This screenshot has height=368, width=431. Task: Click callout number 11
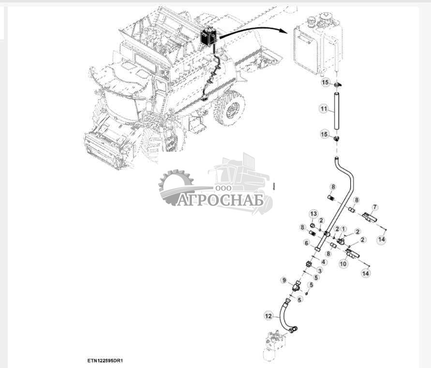pos(324,109)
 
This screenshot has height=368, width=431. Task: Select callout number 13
pos(313,214)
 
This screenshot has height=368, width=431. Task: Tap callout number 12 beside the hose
pos(268,316)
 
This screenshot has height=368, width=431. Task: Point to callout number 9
pos(284,280)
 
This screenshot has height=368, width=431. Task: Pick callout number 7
pos(375,207)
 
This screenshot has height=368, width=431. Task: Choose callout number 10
pos(343,264)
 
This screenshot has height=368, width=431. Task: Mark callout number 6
pos(307,243)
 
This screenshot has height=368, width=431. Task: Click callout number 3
pos(319,270)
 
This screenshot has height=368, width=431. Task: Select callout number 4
pos(323,262)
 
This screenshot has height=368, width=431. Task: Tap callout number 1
pos(343,229)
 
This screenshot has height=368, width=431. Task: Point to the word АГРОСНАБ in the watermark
pos(220,200)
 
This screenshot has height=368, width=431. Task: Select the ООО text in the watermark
pos(223,188)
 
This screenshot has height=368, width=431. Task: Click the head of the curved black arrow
pos(283,31)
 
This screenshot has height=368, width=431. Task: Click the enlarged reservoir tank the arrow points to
pos(318,44)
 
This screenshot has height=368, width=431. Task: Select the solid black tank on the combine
pos(208,36)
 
